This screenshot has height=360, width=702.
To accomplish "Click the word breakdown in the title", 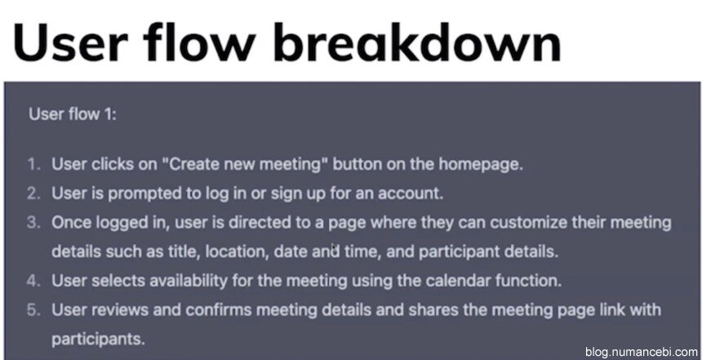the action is pos(416,42).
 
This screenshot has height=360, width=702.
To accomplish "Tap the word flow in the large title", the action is pos(200,42).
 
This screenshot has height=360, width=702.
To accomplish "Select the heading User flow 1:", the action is pos(73,113).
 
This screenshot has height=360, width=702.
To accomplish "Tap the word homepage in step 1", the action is pos(481,165).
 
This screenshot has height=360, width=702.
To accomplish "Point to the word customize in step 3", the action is pos(528,223).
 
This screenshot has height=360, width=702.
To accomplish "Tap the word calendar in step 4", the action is pos(458,281).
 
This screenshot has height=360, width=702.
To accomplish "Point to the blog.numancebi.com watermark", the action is pos(641,353).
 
